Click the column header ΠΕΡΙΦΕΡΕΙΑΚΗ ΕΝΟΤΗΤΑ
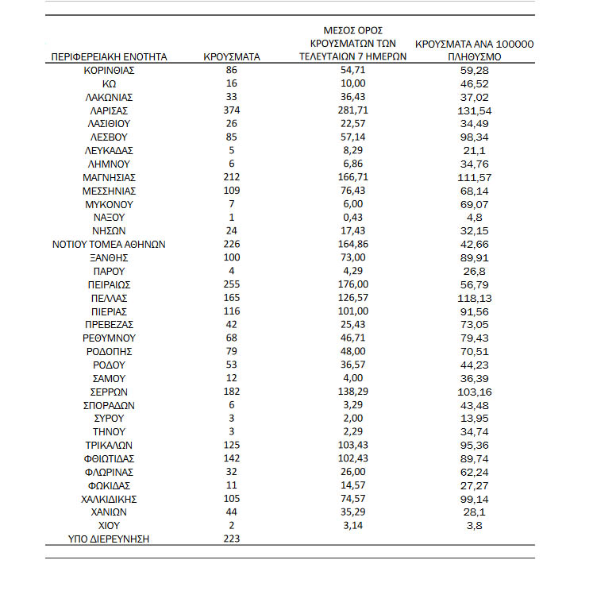click(x=109, y=57)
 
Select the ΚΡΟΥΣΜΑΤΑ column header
click(x=232, y=57)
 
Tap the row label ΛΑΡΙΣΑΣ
click(x=109, y=110)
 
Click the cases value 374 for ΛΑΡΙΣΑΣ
click(x=232, y=110)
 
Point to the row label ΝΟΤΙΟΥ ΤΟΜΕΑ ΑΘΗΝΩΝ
click(x=109, y=245)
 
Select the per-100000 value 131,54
click(x=474, y=110)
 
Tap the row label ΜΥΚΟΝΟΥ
click(x=109, y=204)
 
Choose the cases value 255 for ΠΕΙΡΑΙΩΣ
click(x=232, y=284)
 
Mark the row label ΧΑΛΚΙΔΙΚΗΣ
click(x=109, y=499)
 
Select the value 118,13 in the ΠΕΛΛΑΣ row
click(x=474, y=298)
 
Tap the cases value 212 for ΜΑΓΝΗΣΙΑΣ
click(x=232, y=177)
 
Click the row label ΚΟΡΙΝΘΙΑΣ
click(x=109, y=71)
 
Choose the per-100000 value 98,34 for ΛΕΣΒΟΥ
click(x=474, y=137)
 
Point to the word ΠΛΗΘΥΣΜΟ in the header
click(x=474, y=57)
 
